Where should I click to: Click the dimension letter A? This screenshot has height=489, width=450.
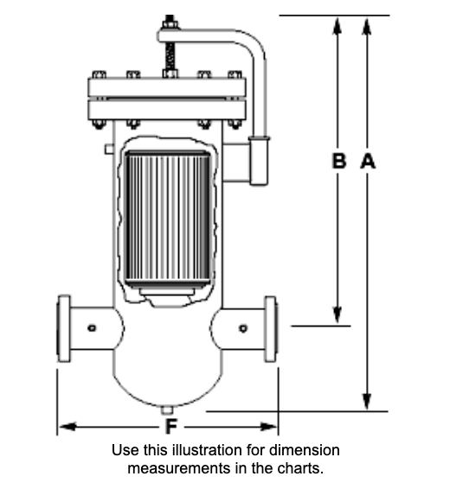click(368, 162)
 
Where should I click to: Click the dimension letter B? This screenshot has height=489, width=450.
click(339, 162)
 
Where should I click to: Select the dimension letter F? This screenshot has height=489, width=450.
click(171, 426)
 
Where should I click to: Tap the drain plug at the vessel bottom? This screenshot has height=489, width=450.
click(167, 410)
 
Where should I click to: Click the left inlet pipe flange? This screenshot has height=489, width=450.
click(64, 328)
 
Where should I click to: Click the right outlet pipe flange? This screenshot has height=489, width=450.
click(271, 329)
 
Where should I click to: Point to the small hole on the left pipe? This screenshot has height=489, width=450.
click(92, 328)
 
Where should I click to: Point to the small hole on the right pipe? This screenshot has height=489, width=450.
click(243, 328)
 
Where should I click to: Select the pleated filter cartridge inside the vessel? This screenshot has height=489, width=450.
click(168, 218)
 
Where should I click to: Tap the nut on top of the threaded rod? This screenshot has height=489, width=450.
click(170, 22)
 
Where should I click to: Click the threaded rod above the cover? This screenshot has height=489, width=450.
click(170, 56)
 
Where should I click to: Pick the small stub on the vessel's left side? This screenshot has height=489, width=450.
click(109, 149)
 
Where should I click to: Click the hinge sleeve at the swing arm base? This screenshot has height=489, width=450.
click(259, 161)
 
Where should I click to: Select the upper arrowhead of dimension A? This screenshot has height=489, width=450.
click(367, 27)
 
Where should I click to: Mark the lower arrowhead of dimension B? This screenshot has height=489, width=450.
click(337, 314)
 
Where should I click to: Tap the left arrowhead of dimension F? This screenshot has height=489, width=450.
click(67, 426)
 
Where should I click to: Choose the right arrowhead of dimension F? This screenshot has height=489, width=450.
click(268, 426)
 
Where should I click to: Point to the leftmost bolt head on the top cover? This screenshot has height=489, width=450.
click(99, 75)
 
